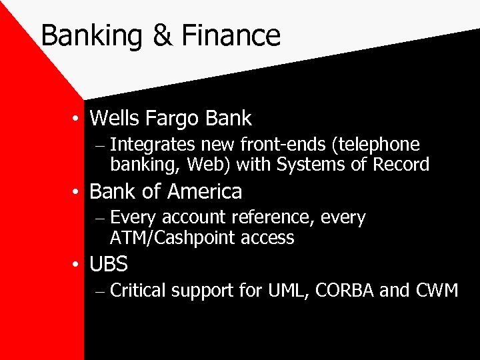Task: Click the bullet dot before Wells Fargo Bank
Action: (x=79, y=119)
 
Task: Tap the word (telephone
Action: (x=378, y=145)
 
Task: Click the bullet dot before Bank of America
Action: (x=79, y=193)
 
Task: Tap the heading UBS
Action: (x=108, y=265)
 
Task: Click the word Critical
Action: (x=138, y=291)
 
